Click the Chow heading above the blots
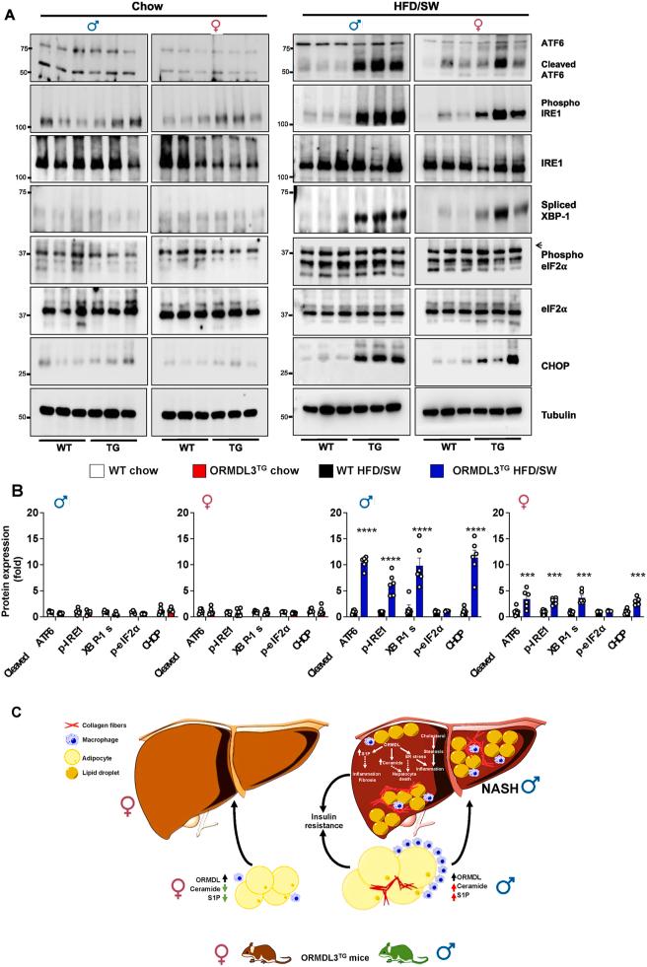pyautogui.click(x=148, y=7)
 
